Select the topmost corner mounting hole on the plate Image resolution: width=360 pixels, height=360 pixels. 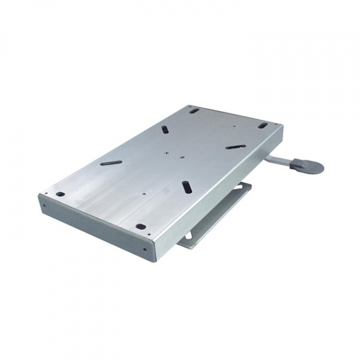tap(194, 110)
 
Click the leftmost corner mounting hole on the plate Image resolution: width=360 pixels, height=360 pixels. tap(60, 194)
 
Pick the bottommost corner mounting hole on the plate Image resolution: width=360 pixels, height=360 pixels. tap(141, 226)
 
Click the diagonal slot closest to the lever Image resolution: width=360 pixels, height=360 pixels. tap(235, 147)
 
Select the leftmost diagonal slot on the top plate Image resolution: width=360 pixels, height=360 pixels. tap(110, 162)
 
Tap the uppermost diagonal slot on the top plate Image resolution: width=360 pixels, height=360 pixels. tap(164, 129)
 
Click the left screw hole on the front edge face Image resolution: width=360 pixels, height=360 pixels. tap(44, 204)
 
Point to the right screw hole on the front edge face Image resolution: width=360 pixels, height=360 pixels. tap(145, 250)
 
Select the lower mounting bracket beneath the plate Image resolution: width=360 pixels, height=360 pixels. tap(220, 215)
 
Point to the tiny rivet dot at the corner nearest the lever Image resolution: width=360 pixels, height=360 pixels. tap(276, 123)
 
